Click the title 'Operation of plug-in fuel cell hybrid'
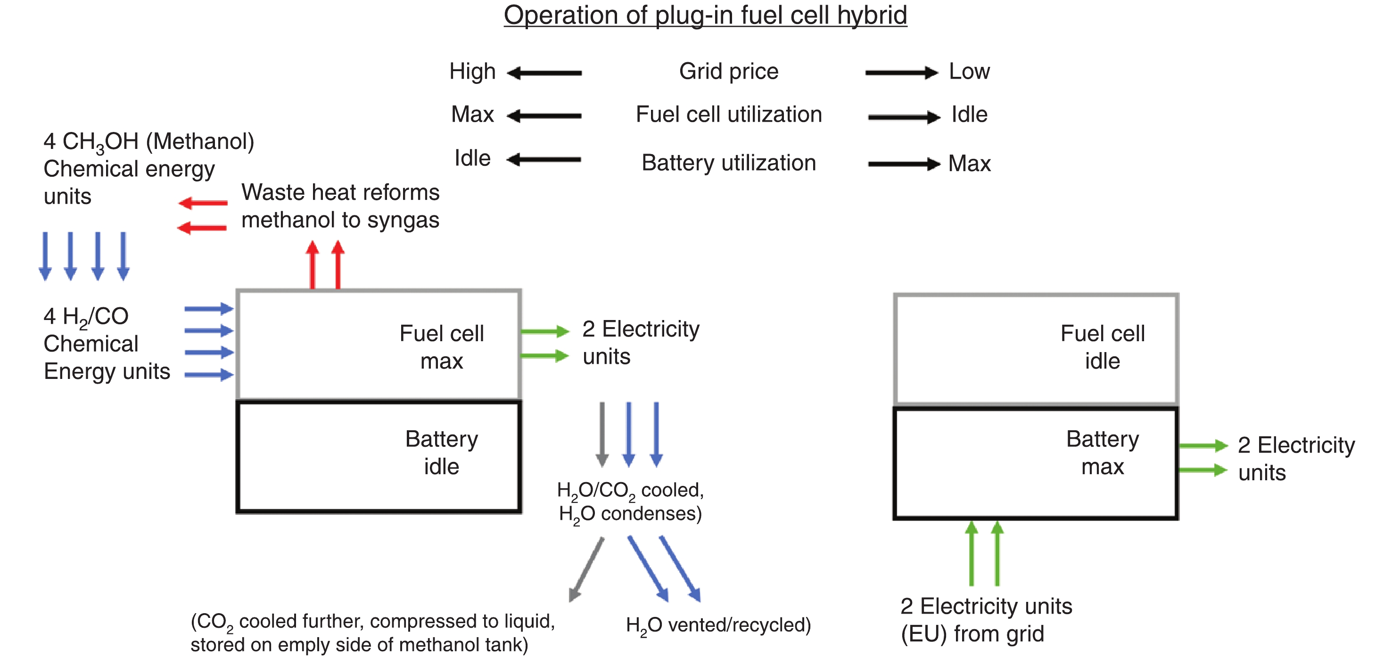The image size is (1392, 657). (x=705, y=15)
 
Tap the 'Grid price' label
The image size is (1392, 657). (x=728, y=71)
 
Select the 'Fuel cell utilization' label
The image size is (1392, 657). (x=728, y=115)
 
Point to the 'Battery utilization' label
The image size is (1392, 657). (x=728, y=163)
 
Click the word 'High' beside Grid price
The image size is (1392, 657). (x=472, y=71)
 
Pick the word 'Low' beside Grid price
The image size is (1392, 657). (x=970, y=71)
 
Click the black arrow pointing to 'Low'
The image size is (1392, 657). (x=901, y=73)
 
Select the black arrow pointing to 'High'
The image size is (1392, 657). (x=545, y=73)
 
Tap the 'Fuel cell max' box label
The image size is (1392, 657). (x=442, y=347)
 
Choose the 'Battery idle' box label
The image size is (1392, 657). (x=442, y=452)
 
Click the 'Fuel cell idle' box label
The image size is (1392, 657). (x=1103, y=347)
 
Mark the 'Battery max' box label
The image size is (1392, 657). (x=1103, y=452)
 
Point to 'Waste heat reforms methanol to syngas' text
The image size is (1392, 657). (x=340, y=206)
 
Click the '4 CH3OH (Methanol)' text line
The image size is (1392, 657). (x=148, y=141)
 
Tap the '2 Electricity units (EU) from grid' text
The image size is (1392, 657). (x=986, y=620)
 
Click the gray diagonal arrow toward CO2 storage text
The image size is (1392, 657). (x=586, y=569)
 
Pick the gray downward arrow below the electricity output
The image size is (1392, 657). (x=602, y=434)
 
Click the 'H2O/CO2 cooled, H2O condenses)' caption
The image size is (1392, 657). (x=630, y=502)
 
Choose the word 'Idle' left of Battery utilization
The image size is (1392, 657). (x=472, y=158)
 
